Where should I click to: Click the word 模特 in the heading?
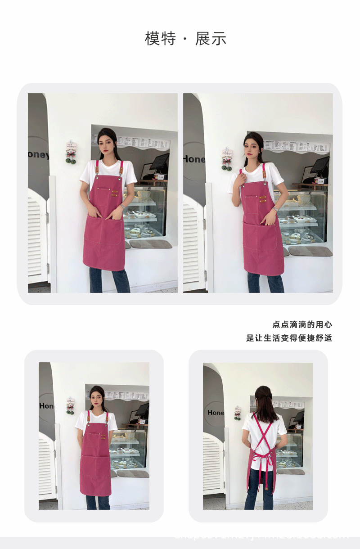coord(160,39)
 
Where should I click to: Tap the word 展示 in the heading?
coord(211,39)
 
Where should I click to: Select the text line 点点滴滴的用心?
coord(302,324)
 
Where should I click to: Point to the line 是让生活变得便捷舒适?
coord(289,338)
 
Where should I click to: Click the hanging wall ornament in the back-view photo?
coord(237,413)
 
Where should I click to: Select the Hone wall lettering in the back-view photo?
coord(216,413)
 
